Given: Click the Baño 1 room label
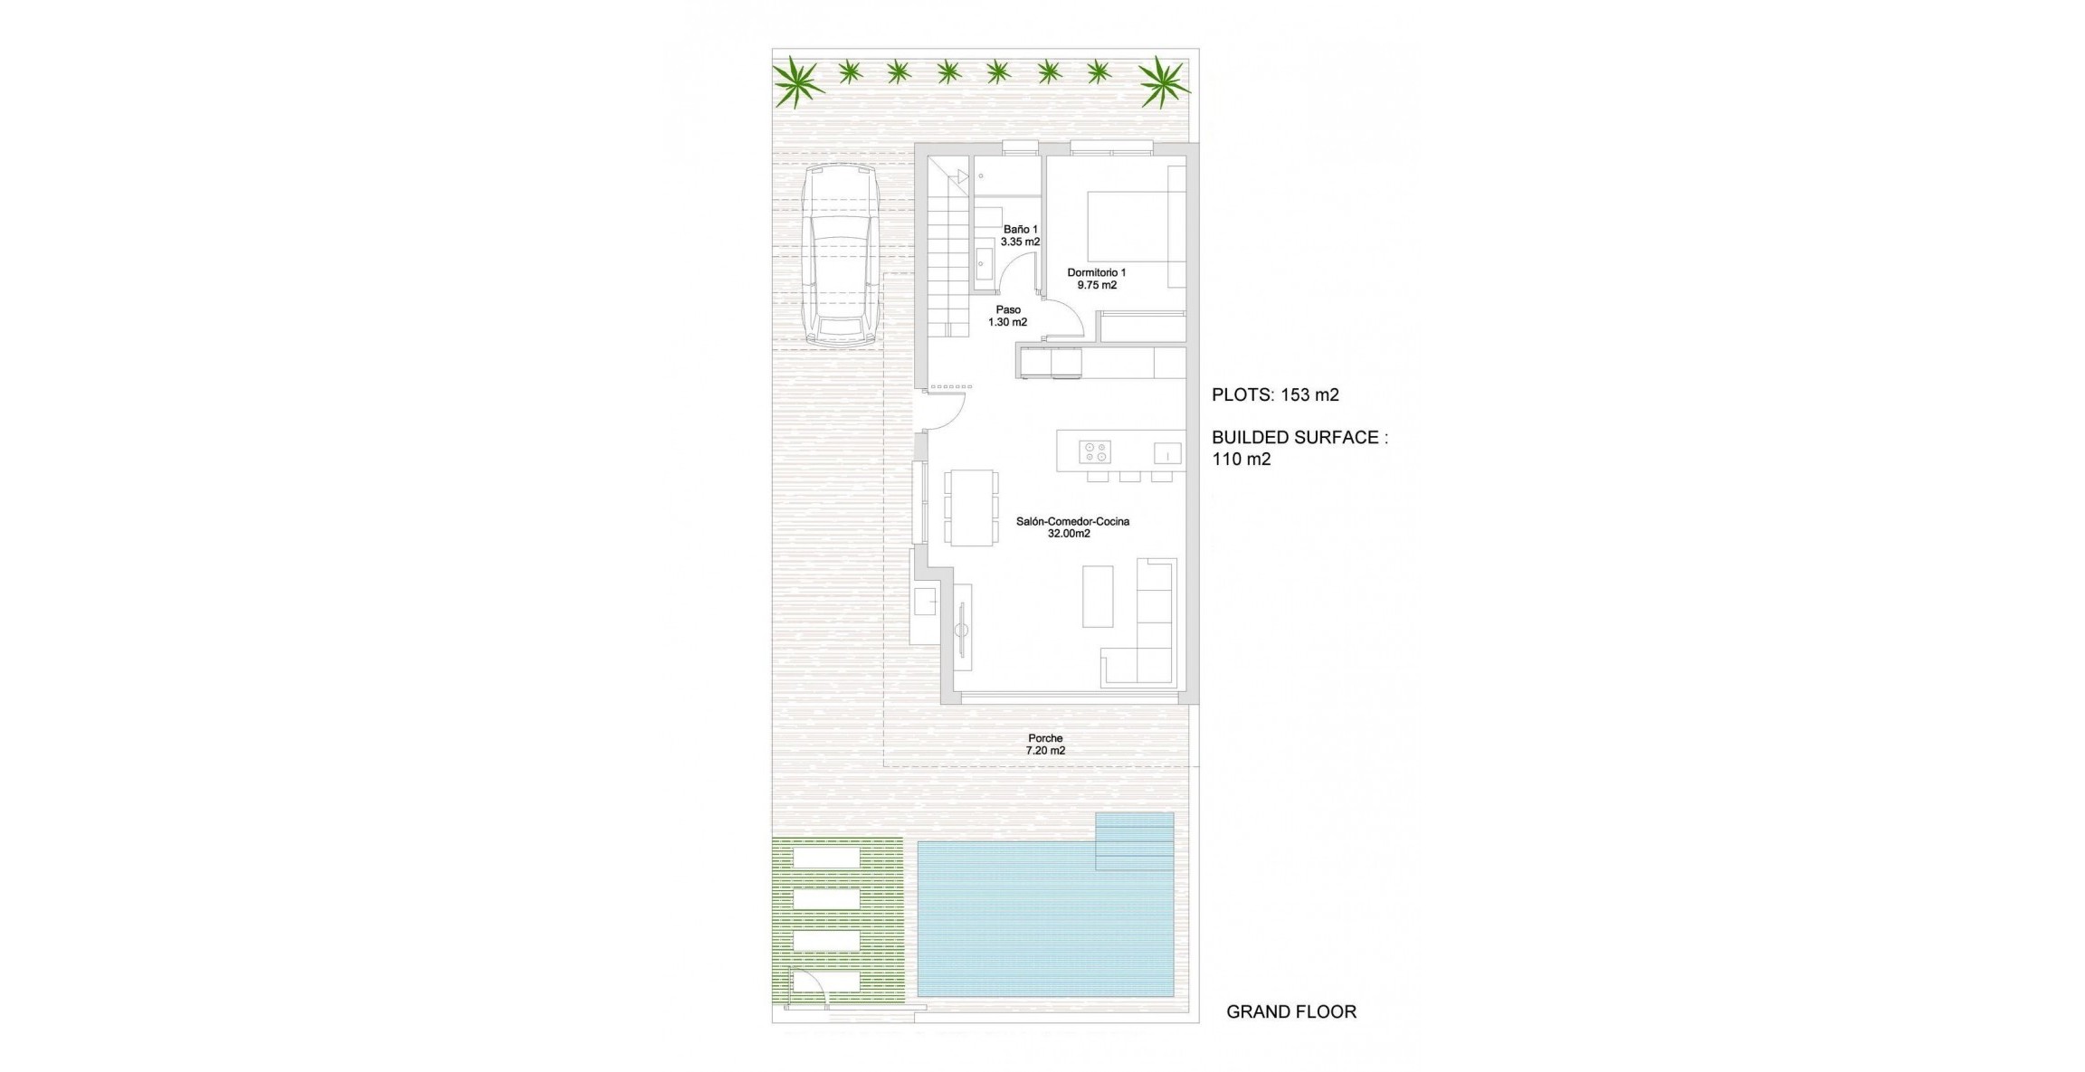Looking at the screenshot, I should [1020, 235].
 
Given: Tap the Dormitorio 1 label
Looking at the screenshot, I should [1096, 279].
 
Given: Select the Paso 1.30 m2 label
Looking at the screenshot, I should [1007, 316].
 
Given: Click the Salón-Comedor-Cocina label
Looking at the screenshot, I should [1071, 527].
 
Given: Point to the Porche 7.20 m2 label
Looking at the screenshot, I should [1045, 745].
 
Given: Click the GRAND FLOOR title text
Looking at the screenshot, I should [1290, 1012].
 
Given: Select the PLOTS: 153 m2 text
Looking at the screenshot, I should [1275, 394].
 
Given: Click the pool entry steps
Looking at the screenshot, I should [1134, 841].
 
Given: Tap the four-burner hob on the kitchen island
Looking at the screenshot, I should [1094, 451].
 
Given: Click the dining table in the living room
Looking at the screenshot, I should [971, 507].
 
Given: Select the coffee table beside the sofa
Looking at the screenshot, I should [1098, 596].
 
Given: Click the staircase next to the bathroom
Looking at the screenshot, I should [948, 253].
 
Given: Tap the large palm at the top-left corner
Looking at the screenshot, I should [797, 81].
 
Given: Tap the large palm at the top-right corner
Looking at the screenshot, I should [1162, 81].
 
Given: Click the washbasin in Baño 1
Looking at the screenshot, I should [983, 263].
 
